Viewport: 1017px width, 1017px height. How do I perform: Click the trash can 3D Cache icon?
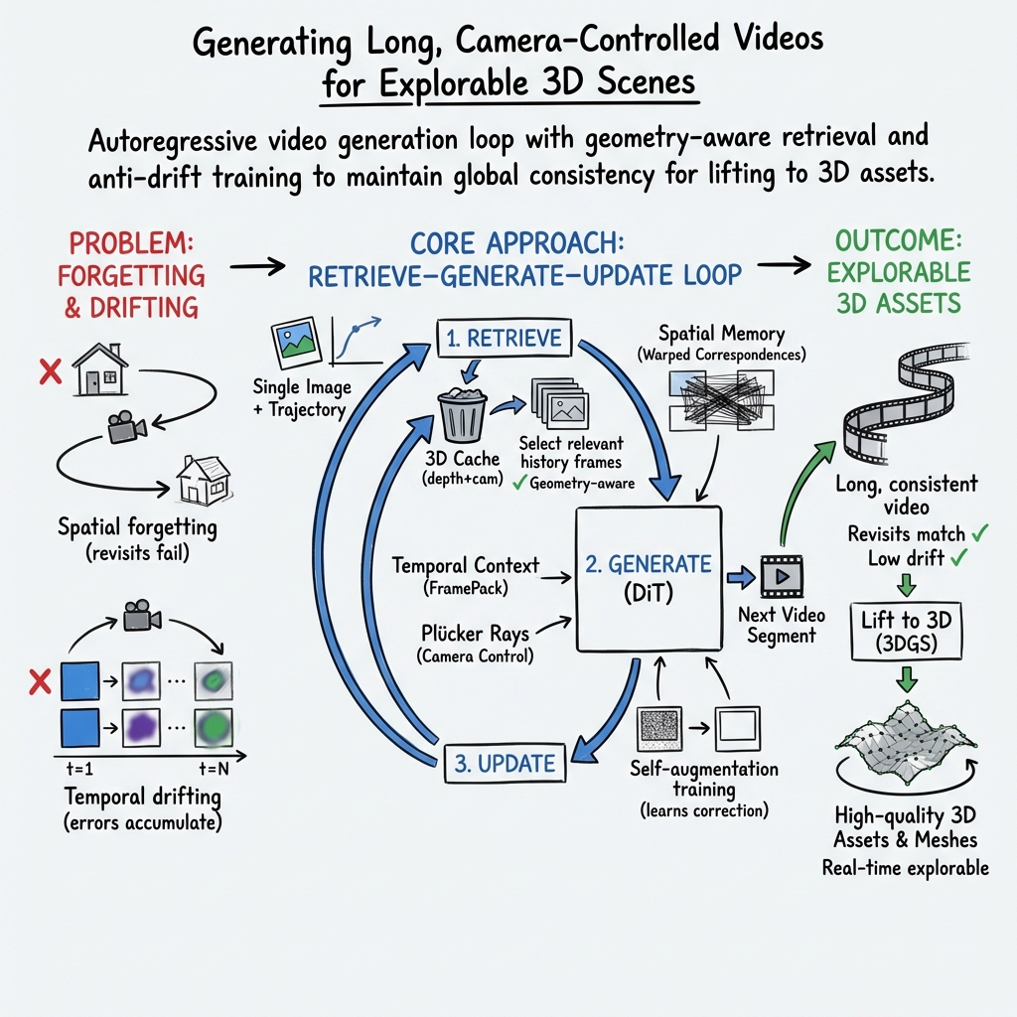(x=462, y=414)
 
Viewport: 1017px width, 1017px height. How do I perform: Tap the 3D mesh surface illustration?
(x=905, y=746)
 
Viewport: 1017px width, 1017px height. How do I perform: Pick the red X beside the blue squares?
(x=41, y=681)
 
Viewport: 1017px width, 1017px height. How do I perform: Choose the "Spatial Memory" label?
(x=721, y=334)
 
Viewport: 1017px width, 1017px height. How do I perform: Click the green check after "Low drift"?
(x=960, y=558)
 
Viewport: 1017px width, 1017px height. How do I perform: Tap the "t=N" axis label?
(x=211, y=767)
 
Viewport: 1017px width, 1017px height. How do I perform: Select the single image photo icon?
(x=294, y=342)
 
